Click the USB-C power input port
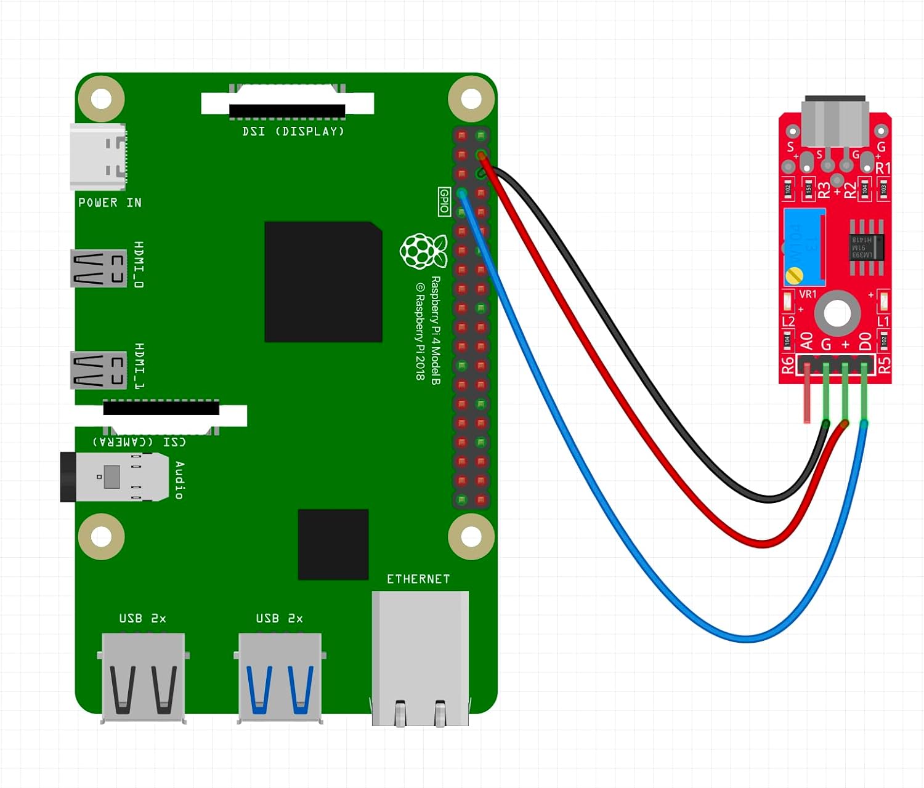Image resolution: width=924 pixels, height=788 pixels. pos(99,156)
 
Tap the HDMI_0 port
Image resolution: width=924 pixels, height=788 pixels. pos(99,268)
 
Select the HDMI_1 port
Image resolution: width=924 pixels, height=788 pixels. pos(99,369)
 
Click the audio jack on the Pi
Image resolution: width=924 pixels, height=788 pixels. pos(115,477)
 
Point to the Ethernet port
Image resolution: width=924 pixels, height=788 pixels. pos(420,656)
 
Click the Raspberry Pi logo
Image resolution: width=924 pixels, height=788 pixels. pos(423,251)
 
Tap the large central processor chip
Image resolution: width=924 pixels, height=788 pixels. pos(323,282)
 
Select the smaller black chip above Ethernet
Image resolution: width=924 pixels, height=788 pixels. pos(333,544)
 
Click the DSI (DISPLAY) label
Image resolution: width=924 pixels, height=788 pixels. pos(293,131)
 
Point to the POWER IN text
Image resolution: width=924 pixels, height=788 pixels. pos(110,203)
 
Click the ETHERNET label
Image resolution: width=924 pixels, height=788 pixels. pos(418,579)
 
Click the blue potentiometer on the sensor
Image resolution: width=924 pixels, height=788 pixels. pos(804,246)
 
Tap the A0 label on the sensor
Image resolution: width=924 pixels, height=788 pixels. pos(806,340)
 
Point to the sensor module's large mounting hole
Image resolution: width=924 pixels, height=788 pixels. pos(837,313)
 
